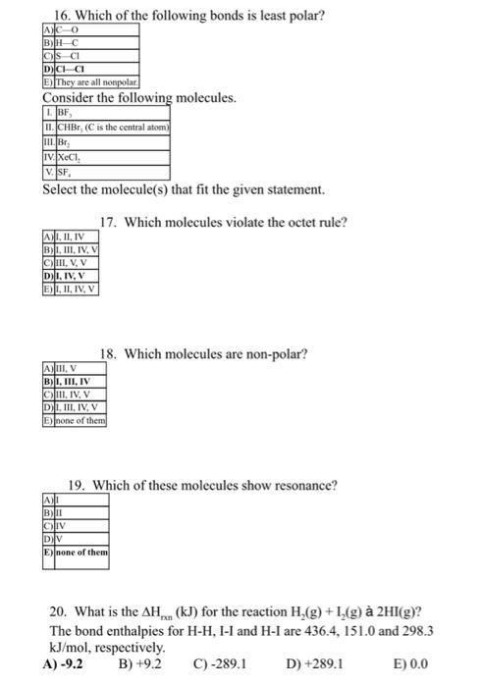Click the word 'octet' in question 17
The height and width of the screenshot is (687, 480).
pyautogui.click(x=272, y=223)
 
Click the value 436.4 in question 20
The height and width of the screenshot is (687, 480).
pyautogui.click(x=355, y=630)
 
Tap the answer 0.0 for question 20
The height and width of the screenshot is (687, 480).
pyautogui.click(x=417, y=663)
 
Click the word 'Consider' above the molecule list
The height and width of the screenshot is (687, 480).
pyautogui.click(x=70, y=99)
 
